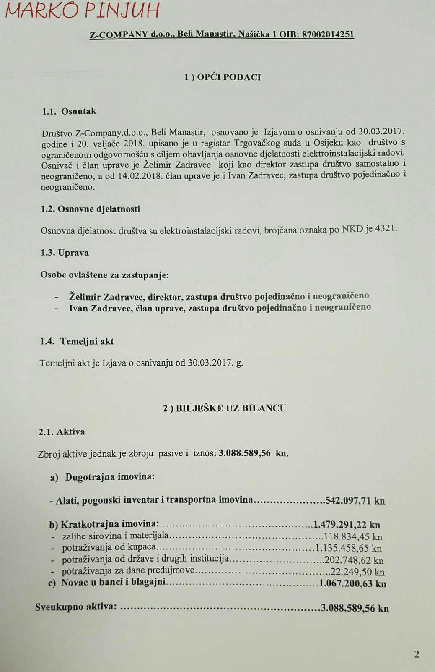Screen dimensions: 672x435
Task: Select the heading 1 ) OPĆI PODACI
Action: tap(223, 77)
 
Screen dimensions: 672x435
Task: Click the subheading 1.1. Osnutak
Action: tap(69, 112)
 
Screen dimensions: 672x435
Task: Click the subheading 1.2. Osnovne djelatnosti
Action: tap(91, 209)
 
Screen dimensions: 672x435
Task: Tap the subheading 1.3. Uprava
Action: tap(65, 253)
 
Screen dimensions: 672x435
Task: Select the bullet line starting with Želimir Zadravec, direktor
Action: tap(218, 296)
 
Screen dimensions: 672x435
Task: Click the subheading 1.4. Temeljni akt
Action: tap(77, 341)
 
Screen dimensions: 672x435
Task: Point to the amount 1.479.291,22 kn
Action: tap(346, 524)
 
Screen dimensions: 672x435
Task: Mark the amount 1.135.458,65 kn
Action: tap(348, 548)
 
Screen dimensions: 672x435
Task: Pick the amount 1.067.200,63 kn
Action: tap(352, 583)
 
